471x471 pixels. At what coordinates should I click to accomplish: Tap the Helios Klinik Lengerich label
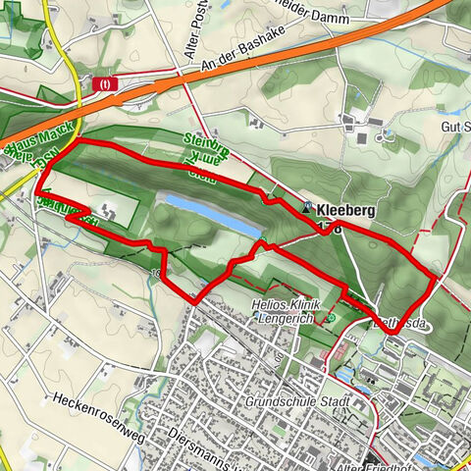pos(285,312)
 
